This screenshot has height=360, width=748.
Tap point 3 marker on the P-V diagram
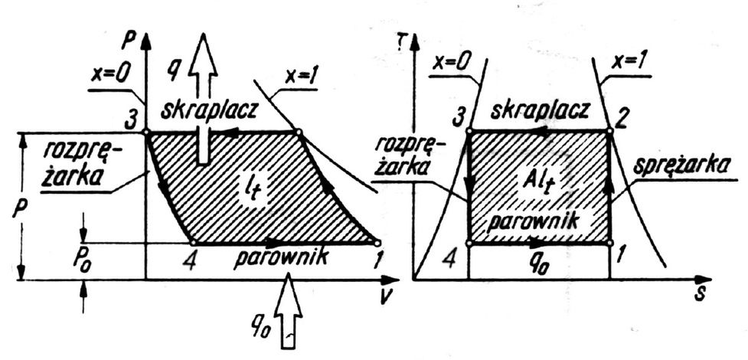(x=145, y=132)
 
